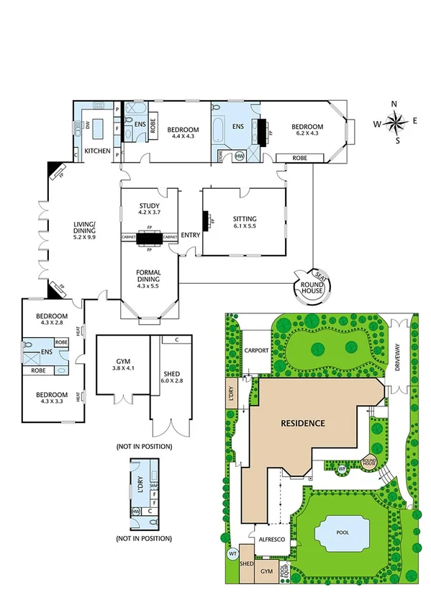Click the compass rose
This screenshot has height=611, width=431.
point(395,122)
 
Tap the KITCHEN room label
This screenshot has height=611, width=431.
point(97,151)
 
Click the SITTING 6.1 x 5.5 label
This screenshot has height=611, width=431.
point(245,223)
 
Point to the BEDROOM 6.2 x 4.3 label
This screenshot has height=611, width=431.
point(305,130)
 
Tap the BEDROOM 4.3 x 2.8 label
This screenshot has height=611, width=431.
point(51,320)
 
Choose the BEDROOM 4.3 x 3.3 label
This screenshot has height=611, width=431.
point(51,398)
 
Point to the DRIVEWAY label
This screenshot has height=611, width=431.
point(401,357)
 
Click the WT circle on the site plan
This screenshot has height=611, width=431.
point(232,554)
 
